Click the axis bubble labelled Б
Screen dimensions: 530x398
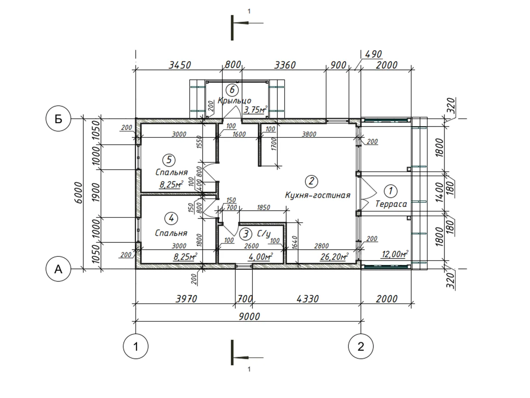coord(58,119)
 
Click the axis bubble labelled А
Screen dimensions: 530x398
coord(58,269)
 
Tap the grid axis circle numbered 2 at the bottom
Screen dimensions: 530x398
coord(360,346)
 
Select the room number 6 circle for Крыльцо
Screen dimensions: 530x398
coord(232,90)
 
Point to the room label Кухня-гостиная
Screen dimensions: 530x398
coord(318,195)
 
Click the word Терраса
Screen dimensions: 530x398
coord(391,204)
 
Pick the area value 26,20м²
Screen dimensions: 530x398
coord(335,256)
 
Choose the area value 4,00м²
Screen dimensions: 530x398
coord(261,256)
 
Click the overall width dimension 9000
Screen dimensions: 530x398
coord(249,316)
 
